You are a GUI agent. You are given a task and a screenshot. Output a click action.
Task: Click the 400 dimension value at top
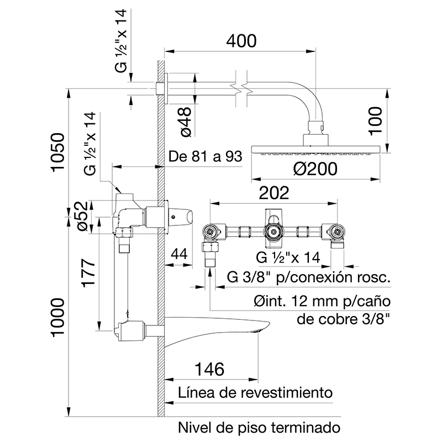click(x=241, y=41)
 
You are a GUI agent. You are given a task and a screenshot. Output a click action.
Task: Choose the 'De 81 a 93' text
click(x=206, y=157)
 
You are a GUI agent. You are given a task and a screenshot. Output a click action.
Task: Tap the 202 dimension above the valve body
click(x=275, y=193)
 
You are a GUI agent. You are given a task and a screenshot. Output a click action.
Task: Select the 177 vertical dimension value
click(x=88, y=273)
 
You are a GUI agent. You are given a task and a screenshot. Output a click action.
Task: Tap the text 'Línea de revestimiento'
click(x=255, y=393)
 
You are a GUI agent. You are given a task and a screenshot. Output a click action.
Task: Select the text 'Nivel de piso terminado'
click(x=257, y=428)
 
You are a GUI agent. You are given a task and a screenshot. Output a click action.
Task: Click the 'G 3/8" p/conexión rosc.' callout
click(x=309, y=277)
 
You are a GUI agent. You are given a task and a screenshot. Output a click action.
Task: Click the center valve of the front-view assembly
click(x=273, y=231)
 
